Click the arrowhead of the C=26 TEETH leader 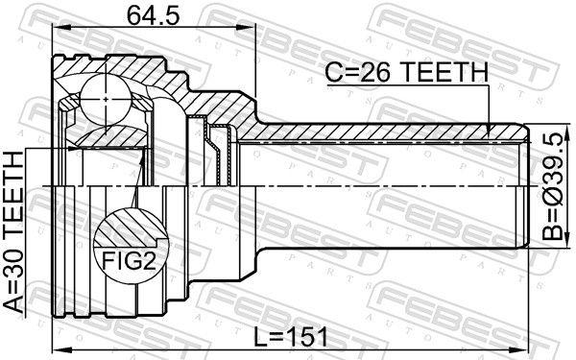click(x=491, y=131)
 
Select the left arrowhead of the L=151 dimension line click(x=55, y=348)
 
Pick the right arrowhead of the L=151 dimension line click(x=527, y=348)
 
